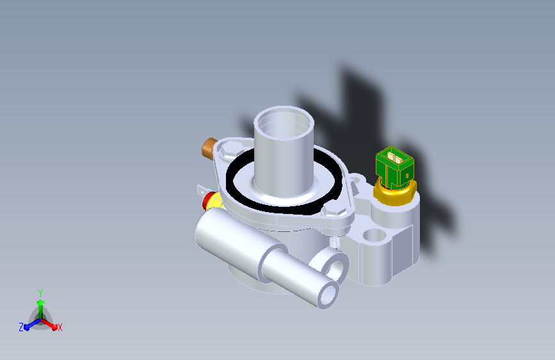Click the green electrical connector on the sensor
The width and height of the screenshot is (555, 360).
(x=394, y=167)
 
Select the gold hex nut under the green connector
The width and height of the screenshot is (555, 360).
(x=395, y=193)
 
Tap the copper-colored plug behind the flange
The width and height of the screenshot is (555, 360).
(x=209, y=148)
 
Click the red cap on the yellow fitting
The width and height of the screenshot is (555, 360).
(x=207, y=200)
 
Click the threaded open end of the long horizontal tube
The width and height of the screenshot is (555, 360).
(x=328, y=295)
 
